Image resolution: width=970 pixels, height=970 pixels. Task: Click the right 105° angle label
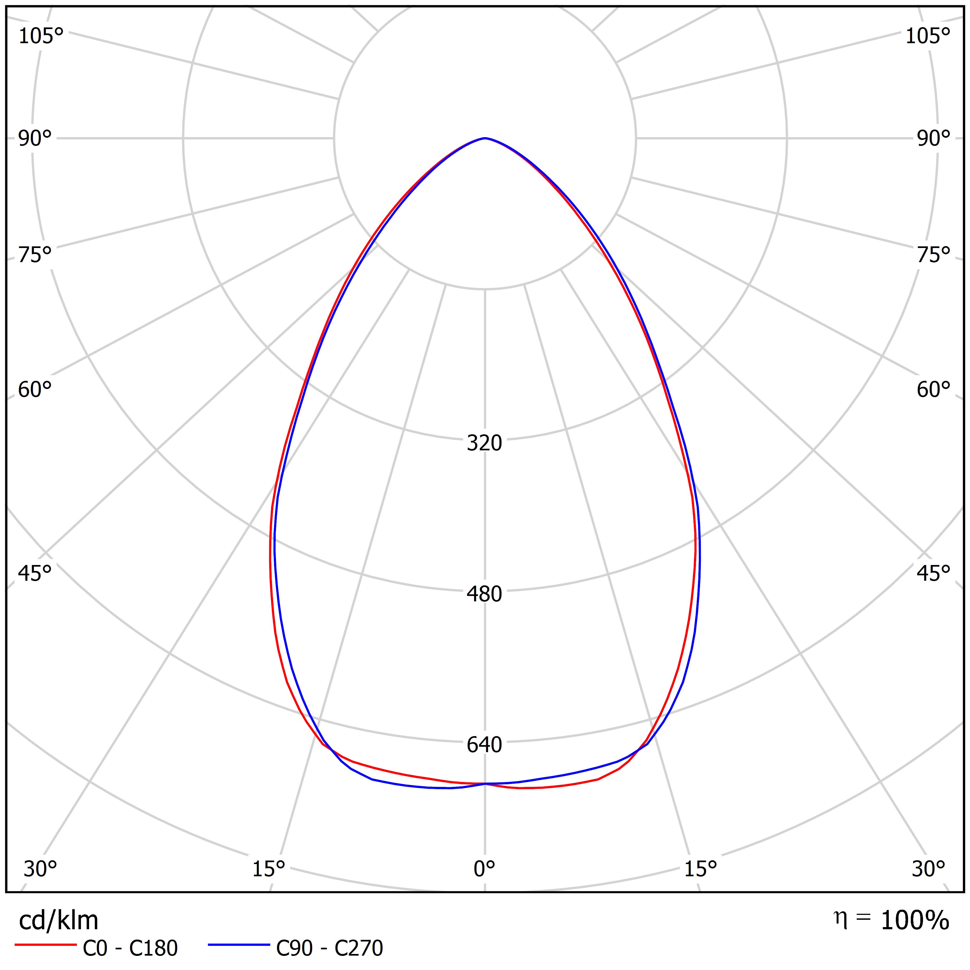point(928,36)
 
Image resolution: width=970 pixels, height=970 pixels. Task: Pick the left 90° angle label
point(35,139)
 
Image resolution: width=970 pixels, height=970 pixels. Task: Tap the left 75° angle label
point(35,255)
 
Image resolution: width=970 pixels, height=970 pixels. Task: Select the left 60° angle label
point(35,390)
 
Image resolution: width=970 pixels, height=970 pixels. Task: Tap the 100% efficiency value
point(915,921)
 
